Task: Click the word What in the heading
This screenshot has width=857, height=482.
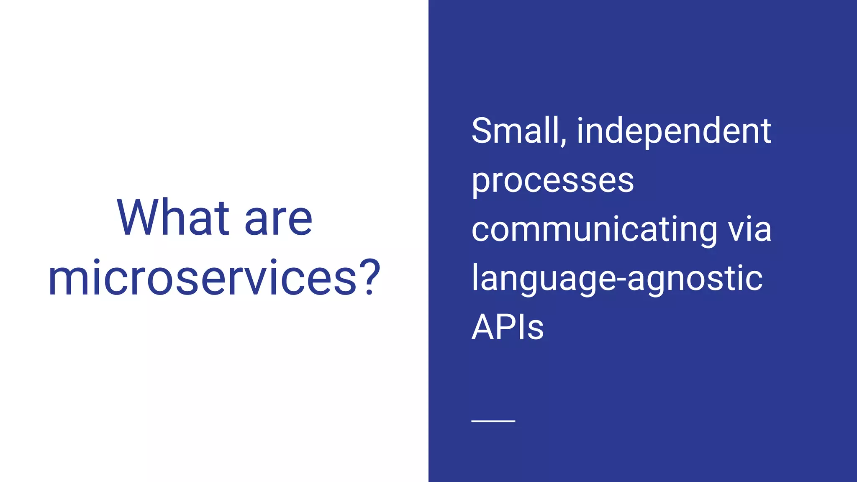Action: [x=173, y=218]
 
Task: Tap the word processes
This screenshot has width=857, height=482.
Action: [x=552, y=182]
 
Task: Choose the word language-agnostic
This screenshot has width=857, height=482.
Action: [x=617, y=279]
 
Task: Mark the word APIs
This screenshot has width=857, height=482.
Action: [x=507, y=327]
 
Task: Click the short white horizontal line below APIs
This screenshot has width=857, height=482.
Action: [x=493, y=421]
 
